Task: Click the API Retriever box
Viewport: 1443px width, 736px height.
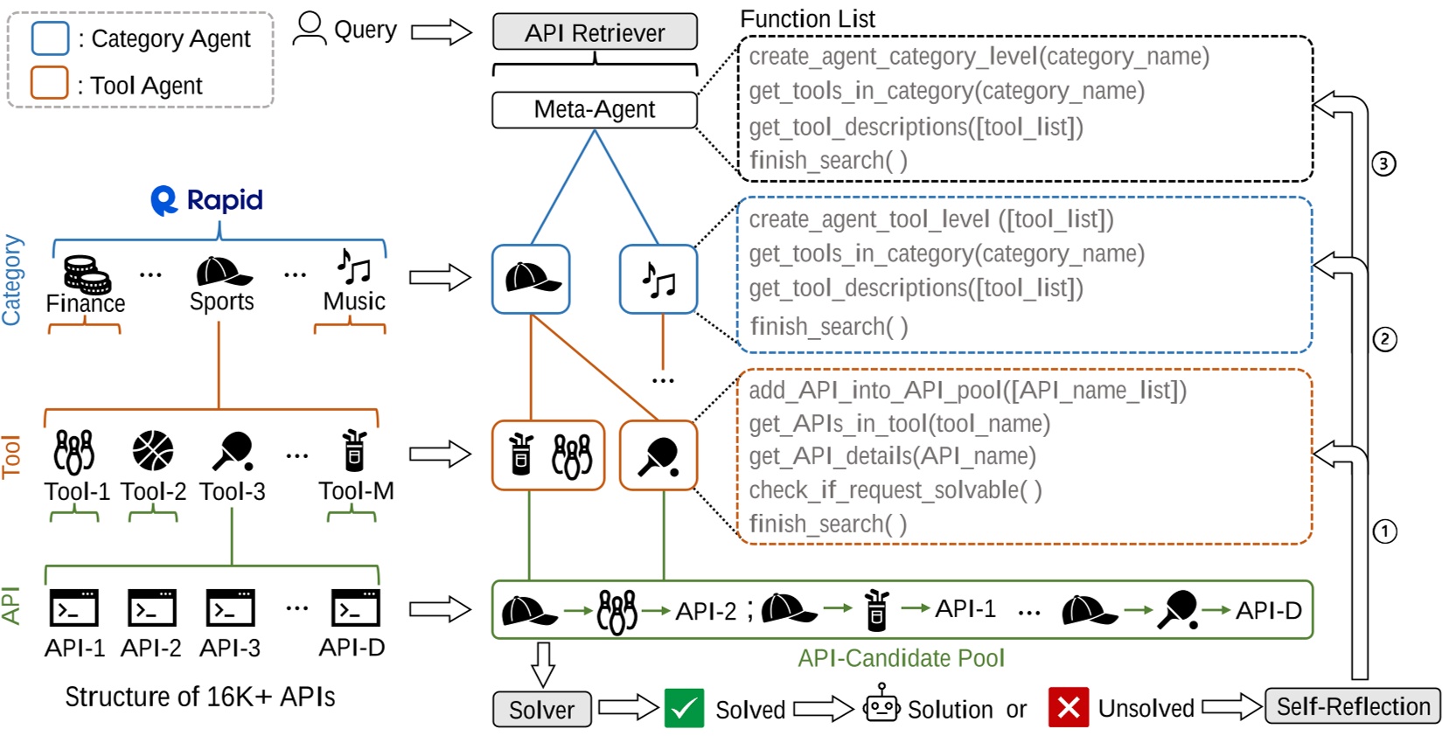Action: click(x=595, y=32)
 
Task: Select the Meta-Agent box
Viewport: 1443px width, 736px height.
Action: click(x=595, y=110)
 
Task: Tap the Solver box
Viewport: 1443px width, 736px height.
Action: click(x=541, y=709)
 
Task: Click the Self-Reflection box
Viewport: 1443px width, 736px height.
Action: click(x=1352, y=706)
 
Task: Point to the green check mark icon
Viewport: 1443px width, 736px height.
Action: click(x=684, y=708)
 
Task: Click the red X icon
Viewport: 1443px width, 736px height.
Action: click(x=1069, y=707)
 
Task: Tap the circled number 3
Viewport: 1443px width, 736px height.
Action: click(x=1384, y=163)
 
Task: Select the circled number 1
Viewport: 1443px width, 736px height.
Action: click(x=1384, y=531)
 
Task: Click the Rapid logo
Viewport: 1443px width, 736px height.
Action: click(x=206, y=200)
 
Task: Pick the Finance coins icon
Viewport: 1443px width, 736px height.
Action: click(x=87, y=274)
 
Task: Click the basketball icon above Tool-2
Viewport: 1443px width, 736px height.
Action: click(x=153, y=451)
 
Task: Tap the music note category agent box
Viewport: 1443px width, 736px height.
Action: click(x=658, y=280)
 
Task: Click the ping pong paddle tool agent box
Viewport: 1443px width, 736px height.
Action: click(x=658, y=455)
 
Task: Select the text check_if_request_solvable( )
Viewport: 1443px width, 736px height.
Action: click(x=895, y=490)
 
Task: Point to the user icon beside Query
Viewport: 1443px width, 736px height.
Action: click(x=309, y=29)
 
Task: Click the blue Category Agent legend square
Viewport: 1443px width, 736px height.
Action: click(x=50, y=38)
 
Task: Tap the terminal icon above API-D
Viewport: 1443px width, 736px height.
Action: click(x=355, y=608)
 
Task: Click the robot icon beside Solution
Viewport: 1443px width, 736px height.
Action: click(x=882, y=704)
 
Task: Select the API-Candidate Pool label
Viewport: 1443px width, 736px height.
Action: click(x=901, y=658)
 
